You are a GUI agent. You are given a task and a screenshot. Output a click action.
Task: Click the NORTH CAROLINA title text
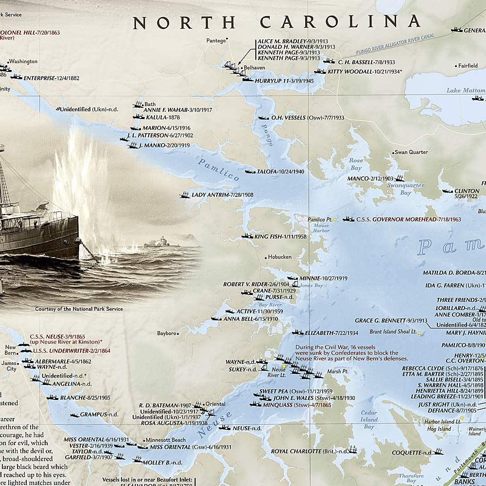point(277,22)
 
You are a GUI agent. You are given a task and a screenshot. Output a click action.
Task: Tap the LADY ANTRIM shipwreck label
point(216,195)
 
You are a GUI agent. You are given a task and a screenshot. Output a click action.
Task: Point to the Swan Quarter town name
point(411,152)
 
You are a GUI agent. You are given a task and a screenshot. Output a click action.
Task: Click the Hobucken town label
point(279,257)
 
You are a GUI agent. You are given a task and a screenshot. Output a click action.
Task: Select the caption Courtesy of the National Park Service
point(79,309)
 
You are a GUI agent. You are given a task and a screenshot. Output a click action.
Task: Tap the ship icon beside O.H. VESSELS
point(263,118)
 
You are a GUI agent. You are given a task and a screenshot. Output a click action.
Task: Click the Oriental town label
point(215,404)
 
